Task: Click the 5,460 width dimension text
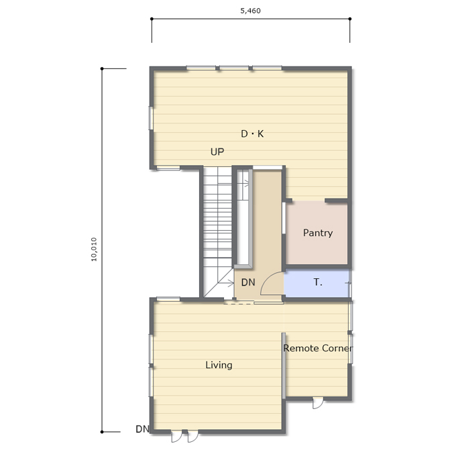click(250, 11)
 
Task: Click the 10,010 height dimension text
click(94, 249)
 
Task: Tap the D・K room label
click(252, 133)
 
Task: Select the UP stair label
click(217, 152)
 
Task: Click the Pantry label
click(318, 233)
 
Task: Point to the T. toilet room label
click(318, 282)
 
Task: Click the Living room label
click(219, 365)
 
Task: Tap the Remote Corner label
click(318, 348)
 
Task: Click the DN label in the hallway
click(248, 282)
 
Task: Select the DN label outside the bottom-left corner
click(142, 429)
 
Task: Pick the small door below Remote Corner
click(318, 403)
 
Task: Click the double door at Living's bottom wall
click(184, 436)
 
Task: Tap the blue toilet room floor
click(317, 283)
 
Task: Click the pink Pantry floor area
click(317, 233)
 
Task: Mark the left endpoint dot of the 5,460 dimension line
click(152, 19)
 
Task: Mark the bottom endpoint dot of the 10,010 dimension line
click(102, 432)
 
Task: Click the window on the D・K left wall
click(151, 118)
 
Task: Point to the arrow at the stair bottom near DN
click(227, 283)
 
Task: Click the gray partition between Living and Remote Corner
click(284, 366)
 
